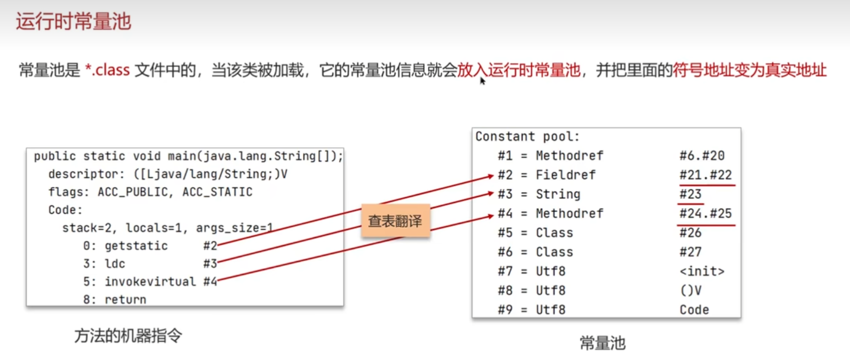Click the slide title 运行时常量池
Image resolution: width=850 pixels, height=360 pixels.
pyautogui.click(x=74, y=22)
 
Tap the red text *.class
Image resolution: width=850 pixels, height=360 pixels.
pyautogui.click(x=107, y=70)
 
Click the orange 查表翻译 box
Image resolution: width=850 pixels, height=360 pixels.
pyautogui.click(x=395, y=221)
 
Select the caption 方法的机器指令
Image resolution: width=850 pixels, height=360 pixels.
pyautogui.click(x=128, y=335)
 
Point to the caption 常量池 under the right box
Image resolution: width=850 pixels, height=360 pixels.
pyautogui.click(x=602, y=343)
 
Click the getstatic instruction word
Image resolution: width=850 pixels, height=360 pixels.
pyautogui.click(x=136, y=246)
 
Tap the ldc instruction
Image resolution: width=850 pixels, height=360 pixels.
pyautogui.click(x=115, y=263)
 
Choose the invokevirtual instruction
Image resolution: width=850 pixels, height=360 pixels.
pyautogui.click(x=150, y=282)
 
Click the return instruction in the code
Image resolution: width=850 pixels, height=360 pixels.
pyautogui.click(x=125, y=300)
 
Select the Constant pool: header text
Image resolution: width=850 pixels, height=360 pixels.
pyautogui.click(x=527, y=137)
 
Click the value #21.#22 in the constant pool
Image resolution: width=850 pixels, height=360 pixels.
pyautogui.click(x=705, y=175)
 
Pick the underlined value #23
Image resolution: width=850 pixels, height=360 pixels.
pyautogui.click(x=690, y=194)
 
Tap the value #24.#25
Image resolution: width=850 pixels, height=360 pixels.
pyautogui.click(x=705, y=213)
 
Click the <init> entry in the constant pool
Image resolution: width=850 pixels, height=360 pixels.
pyautogui.click(x=702, y=271)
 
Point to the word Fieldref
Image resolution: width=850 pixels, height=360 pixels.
pyautogui.click(x=565, y=175)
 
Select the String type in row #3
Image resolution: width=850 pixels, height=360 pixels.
pyautogui.click(x=558, y=194)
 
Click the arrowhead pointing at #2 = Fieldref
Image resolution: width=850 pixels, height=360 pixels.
pyautogui.click(x=491, y=176)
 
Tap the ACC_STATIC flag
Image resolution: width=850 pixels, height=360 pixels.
pyautogui.click(x=217, y=192)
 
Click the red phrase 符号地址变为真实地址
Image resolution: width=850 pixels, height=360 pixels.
pyautogui.click(x=749, y=70)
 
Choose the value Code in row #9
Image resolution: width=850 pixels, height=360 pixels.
pyautogui.click(x=694, y=310)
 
